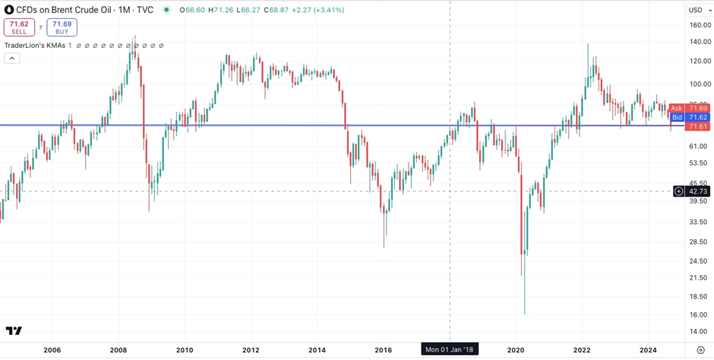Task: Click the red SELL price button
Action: tap(19, 28)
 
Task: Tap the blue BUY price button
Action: tap(62, 28)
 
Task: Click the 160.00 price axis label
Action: tap(700, 25)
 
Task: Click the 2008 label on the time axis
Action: tap(118, 350)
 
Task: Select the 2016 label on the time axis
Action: tap(383, 350)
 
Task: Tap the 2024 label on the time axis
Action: tap(648, 350)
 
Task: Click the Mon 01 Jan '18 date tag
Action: tap(449, 350)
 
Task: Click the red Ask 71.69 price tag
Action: tap(688, 109)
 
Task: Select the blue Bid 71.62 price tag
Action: tap(688, 118)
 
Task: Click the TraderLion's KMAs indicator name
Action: tap(35, 46)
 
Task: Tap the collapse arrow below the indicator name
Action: tap(12, 58)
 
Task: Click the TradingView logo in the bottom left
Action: tap(14, 330)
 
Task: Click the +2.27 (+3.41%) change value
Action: tap(318, 10)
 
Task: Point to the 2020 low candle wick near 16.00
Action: tap(524, 308)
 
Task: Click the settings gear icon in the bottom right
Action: tap(700, 350)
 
